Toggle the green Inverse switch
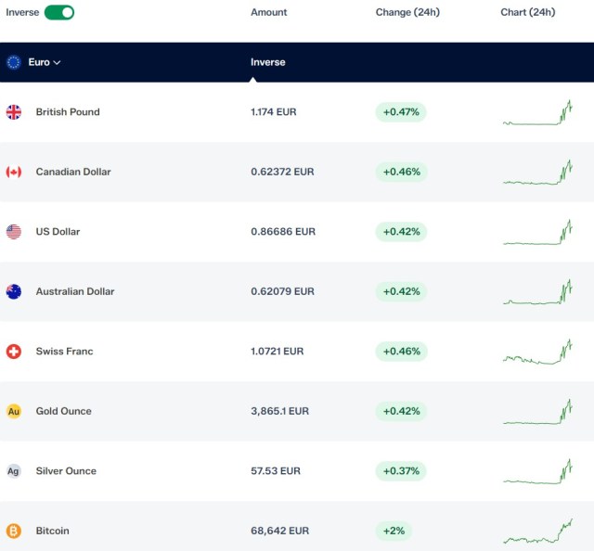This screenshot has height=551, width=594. (x=59, y=12)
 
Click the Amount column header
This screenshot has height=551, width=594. (x=268, y=12)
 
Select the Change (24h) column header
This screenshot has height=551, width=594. (x=407, y=12)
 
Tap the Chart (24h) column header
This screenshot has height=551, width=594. (x=528, y=12)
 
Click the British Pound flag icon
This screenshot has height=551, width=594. (x=14, y=112)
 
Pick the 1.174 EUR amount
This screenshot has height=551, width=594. (x=274, y=112)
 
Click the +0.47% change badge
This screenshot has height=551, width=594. (x=401, y=112)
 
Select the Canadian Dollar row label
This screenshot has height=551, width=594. (x=73, y=172)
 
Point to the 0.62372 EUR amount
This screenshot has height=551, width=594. (x=282, y=172)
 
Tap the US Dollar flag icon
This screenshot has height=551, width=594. (x=14, y=232)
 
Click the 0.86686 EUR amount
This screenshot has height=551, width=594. (x=283, y=232)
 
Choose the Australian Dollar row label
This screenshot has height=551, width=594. (x=75, y=291)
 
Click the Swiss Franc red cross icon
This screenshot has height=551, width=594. (x=14, y=352)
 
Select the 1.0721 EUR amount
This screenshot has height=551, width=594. (x=277, y=352)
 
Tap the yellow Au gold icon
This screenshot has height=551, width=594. (x=14, y=411)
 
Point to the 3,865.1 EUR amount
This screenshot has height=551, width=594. (x=279, y=411)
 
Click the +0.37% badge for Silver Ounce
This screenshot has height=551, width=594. (x=401, y=471)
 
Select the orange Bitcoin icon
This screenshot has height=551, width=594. (x=14, y=531)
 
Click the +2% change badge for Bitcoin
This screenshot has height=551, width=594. (x=394, y=531)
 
